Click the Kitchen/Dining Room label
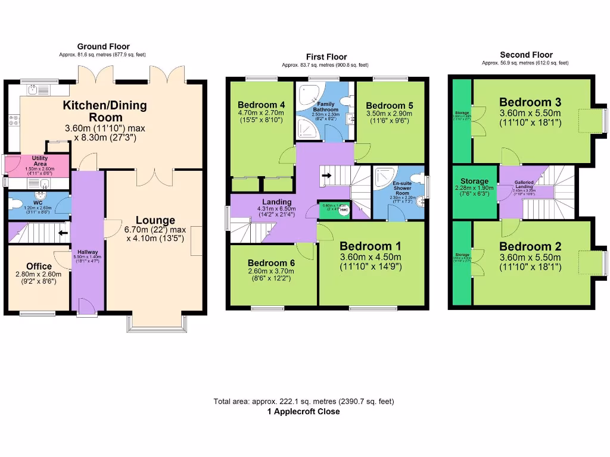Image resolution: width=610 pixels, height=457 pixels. (105, 111)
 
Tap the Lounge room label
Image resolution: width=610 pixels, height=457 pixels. (155, 220)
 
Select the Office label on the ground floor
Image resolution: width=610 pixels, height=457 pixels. (39, 266)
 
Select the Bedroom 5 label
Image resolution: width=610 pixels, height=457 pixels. (390, 105)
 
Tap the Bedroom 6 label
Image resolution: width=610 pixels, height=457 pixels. (271, 263)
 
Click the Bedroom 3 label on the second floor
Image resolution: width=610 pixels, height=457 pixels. (530, 102)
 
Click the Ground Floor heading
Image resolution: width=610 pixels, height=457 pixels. (103, 46)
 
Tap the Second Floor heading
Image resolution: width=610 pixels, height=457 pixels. (526, 55)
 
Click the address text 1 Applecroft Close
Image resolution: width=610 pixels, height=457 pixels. (304, 411)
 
